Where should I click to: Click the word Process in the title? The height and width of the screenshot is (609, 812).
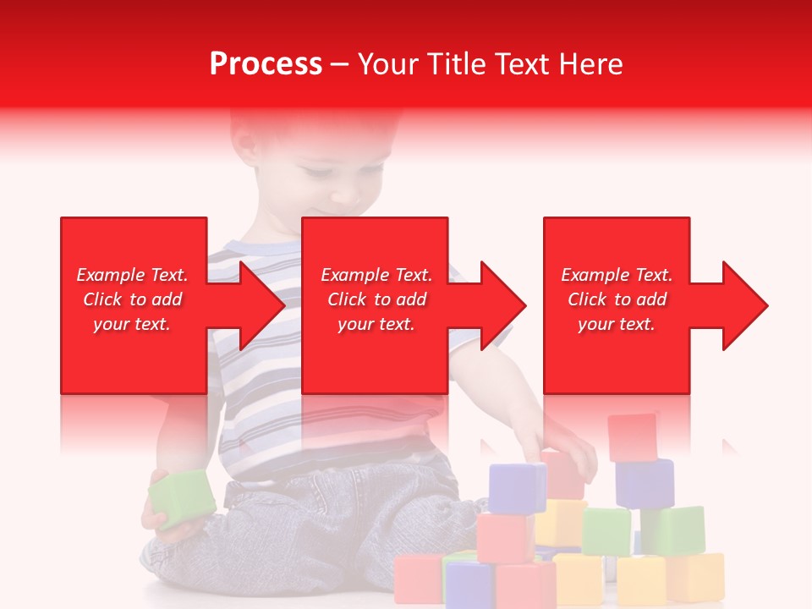(266, 64)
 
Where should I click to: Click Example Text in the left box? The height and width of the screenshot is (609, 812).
(132, 275)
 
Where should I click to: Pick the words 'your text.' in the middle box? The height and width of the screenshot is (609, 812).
(376, 324)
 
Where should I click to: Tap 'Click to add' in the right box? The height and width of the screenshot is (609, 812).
(617, 299)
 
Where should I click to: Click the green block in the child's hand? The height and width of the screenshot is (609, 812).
(181, 499)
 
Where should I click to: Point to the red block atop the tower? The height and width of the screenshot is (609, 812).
(633, 436)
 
